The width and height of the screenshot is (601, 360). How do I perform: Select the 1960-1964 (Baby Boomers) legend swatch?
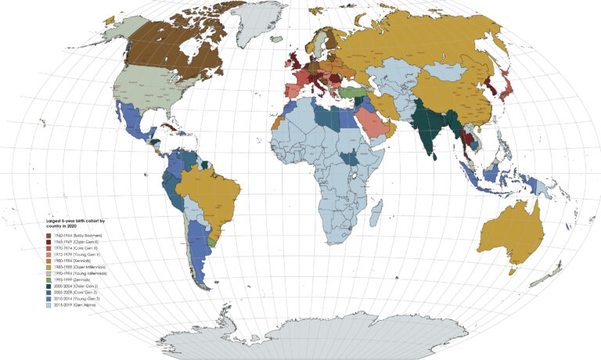[x=49, y=236]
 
